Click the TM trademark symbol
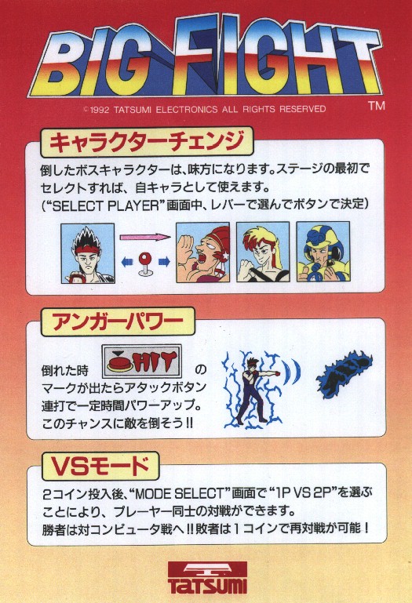point(376,105)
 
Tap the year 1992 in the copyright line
point(100,110)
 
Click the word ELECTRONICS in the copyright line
point(187,109)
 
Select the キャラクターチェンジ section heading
point(147,142)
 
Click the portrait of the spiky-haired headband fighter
point(88,254)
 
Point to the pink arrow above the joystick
point(145,237)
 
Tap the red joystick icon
point(145,263)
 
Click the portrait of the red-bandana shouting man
point(203,252)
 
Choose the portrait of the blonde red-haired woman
point(263,252)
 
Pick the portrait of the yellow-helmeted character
point(323,252)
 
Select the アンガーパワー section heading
point(118,322)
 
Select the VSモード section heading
point(100,467)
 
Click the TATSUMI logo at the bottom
point(207,578)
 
